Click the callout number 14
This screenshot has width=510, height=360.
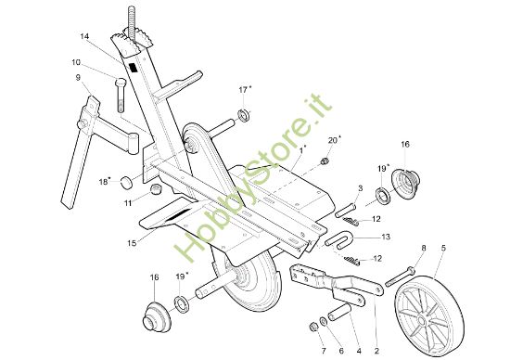click(84, 37)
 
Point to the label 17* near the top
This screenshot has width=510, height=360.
click(244, 89)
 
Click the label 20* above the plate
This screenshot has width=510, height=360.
click(334, 139)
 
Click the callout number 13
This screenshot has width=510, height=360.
click(387, 237)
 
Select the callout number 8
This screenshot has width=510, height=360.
click(423, 248)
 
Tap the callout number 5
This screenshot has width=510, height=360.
click(444, 248)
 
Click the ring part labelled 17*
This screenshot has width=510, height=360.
click(245, 115)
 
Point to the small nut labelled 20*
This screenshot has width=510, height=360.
click(324, 162)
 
